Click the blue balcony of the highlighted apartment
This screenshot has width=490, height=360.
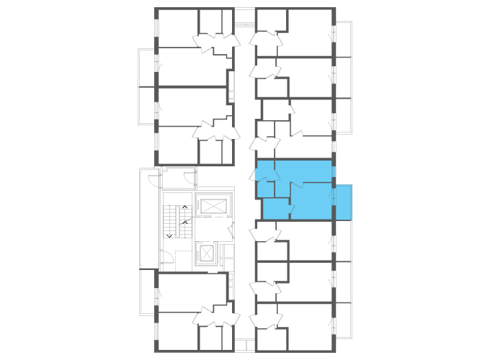(x=344, y=202)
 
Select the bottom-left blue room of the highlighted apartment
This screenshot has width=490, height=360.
(x=276, y=209)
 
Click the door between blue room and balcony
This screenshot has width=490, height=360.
(x=333, y=197)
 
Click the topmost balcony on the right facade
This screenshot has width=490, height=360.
(x=344, y=39)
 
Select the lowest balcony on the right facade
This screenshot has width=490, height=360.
(x=344, y=320)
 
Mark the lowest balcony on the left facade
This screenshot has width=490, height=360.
(x=147, y=291)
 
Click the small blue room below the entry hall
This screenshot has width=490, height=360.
(x=266, y=189)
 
